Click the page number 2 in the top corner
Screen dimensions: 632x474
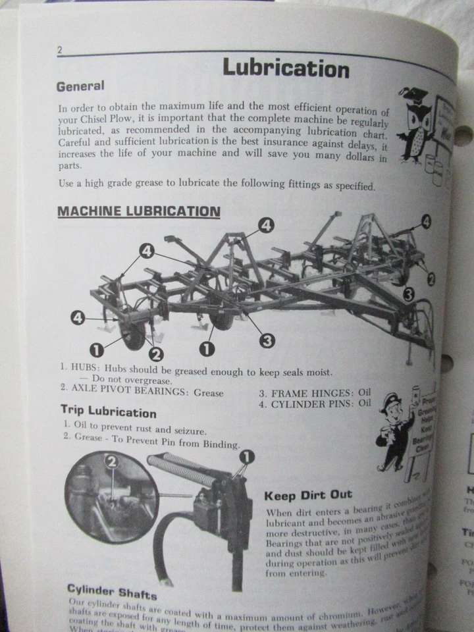(60, 51)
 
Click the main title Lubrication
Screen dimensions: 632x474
(286, 68)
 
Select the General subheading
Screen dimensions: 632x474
(80, 86)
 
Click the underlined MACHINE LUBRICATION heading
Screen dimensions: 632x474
(138, 211)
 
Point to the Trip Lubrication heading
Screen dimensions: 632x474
(109, 413)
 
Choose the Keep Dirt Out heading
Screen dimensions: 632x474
(307, 494)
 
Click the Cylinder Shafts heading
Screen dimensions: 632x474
(112, 591)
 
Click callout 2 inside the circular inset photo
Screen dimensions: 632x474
(113, 463)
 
